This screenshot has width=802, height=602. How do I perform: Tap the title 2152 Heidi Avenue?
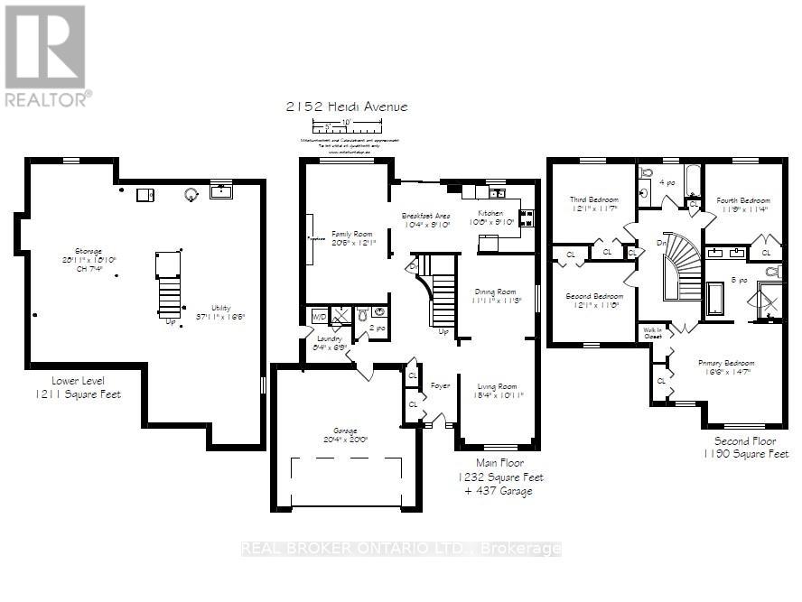point(346,107)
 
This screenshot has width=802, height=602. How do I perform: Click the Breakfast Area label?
point(425,216)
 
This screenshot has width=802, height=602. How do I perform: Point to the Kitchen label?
point(490,213)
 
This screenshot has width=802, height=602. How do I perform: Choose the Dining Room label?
point(495,292)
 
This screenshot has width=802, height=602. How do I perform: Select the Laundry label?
point(328,338)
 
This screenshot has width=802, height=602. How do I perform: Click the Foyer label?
point(440,385)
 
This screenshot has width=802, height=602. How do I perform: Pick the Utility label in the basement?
point(221,306)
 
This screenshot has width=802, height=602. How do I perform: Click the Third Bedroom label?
point(592,200)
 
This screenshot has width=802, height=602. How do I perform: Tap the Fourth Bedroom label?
point(742,200)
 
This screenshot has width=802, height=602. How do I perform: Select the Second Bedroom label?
point(594,297)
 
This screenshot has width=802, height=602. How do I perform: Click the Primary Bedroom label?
point(723,364)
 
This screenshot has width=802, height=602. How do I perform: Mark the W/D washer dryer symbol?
point(319,317)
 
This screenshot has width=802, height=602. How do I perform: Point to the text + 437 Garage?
point(499,490)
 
